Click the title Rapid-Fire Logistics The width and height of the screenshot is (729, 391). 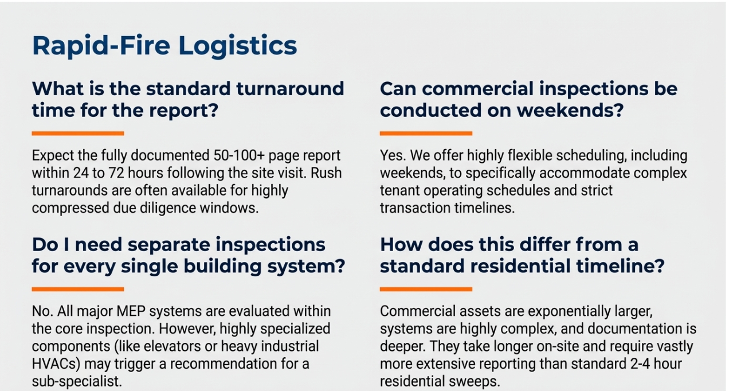point(164,46)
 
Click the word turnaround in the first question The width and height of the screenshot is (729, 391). point(290,89)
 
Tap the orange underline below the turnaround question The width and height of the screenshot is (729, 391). point(78,133)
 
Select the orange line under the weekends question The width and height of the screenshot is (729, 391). point(426,133)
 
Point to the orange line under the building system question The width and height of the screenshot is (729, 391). point(78,289)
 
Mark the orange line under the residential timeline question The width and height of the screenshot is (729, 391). point(426,289)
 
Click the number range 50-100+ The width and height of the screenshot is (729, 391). point(239,155)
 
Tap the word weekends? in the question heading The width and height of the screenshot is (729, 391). point(570,111)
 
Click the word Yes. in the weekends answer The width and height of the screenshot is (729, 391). point(393,155)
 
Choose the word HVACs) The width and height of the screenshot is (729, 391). point(56,364)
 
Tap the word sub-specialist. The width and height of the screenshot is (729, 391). point(77,382)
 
